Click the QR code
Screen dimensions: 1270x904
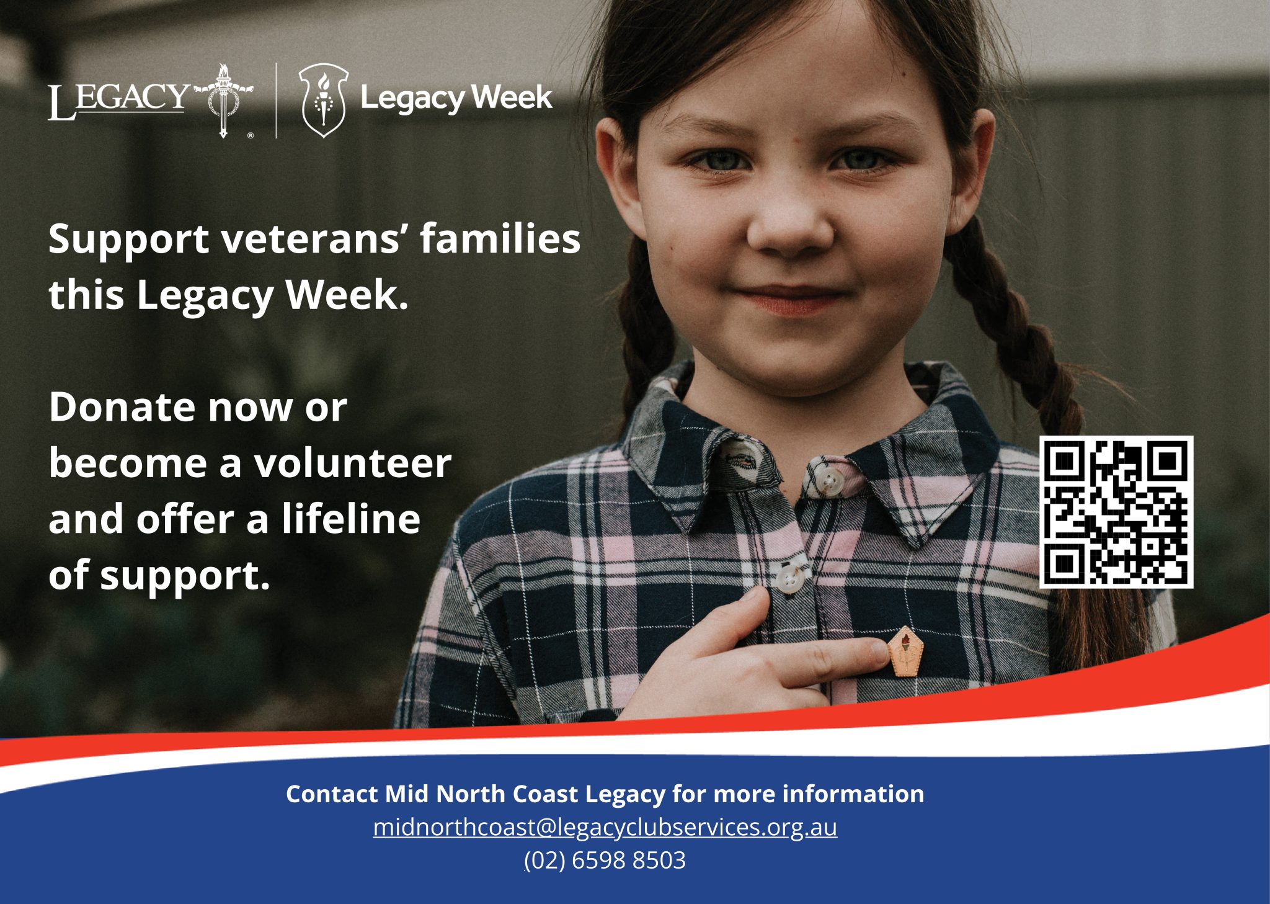click(x=1116, y=512)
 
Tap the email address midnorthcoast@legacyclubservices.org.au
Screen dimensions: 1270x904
click(x=605, y=827)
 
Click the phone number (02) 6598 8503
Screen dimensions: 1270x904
click(x=605, y=861)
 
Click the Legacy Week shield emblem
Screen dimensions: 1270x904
click(x=323, y=100)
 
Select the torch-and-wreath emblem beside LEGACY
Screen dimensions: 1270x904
click(x=223, y=100)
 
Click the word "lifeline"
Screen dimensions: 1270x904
click(x=351, y=519)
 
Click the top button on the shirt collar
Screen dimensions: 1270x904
click(x=826, y=480)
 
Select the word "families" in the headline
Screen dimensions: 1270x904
click(x=500, y=239)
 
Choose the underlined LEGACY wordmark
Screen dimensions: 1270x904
click(x=118, y=101)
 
